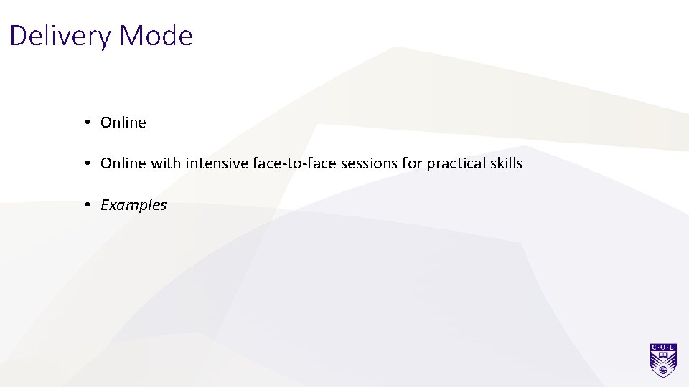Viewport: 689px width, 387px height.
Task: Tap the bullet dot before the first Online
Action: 85,123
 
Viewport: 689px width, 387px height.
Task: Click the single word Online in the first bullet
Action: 123,123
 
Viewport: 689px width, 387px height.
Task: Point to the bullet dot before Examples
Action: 85,205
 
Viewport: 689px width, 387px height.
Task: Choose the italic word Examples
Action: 133,205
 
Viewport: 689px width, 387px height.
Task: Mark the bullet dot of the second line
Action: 85,163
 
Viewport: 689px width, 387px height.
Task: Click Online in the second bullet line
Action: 123,163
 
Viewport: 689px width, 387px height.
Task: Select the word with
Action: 166,163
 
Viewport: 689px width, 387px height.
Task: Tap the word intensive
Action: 217,163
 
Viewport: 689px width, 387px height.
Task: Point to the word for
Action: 413,163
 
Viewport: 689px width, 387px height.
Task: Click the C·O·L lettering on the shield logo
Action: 664,347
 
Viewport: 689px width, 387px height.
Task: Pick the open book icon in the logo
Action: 664,354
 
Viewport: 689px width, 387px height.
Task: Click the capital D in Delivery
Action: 18,36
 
